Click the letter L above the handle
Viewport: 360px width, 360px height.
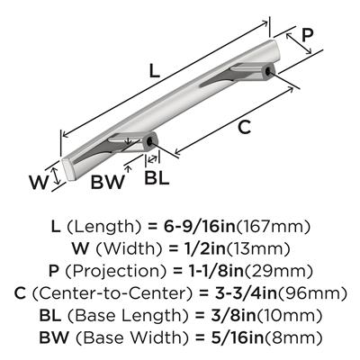tap(155, 71)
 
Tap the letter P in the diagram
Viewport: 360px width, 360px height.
tap(307, 35)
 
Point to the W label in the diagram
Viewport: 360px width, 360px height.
tap(39, 182)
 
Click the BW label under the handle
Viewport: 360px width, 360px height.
tap(107, 182)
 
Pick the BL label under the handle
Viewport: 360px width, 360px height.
tap(157, 177)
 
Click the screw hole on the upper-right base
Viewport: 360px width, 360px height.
tap(268, 71)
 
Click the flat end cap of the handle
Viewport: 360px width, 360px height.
tap(67, 169)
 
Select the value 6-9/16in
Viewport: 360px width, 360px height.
tap(200, 227)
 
